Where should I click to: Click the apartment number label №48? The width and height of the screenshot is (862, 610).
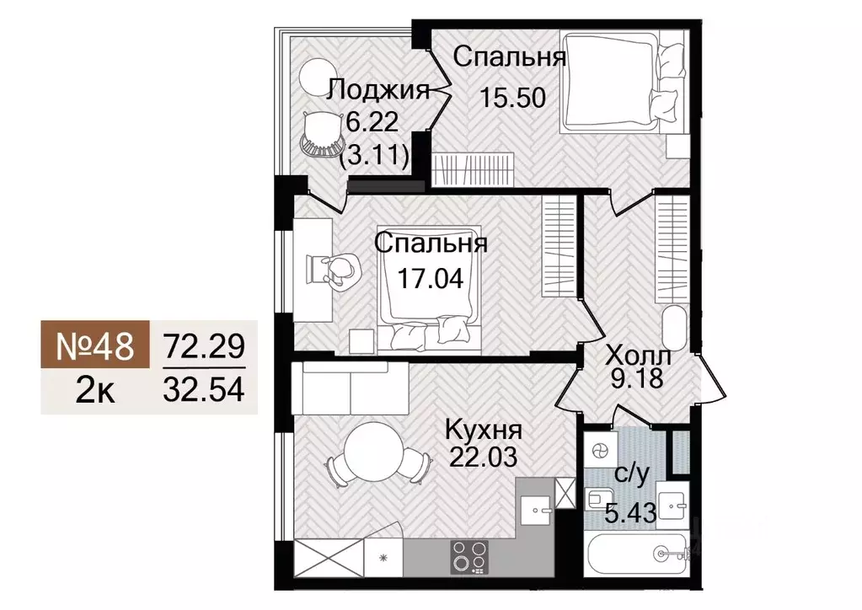click(x=95, y=346)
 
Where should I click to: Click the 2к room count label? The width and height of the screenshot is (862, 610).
click(x=95, y=392)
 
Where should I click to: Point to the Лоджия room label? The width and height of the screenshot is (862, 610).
click(x=379, y=90)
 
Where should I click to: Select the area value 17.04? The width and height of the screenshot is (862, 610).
click(x=431, y=277)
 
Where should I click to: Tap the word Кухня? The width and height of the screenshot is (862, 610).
click(x=484, y=429)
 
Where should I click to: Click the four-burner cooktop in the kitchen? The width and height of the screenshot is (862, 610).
click(x=469, y=555)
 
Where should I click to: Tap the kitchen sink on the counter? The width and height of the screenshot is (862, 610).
click(x=535, y=509)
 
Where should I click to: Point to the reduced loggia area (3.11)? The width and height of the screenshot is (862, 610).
click(x=375, y=155)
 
